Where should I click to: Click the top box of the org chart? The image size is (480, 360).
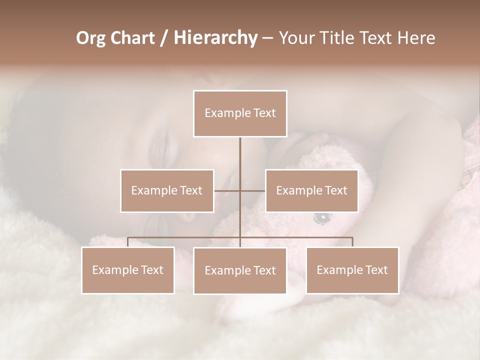tap(240, 113)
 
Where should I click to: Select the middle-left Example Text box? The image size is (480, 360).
tap(167, 190)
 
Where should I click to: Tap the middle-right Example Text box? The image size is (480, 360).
tap(311, 190)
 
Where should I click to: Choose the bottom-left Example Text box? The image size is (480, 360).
tap(128, 270)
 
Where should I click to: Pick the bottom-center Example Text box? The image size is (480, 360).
tap(240, 270)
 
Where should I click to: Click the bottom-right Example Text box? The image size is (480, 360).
tap(352, 270)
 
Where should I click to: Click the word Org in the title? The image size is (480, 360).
tap(90, 38)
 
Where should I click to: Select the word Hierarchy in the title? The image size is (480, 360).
tap(215, 38)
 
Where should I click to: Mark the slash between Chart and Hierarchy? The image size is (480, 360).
tap(164, 38)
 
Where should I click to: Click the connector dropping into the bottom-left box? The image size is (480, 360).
tap(128, 242)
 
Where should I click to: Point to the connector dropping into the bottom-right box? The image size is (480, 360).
tap(352, 242)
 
